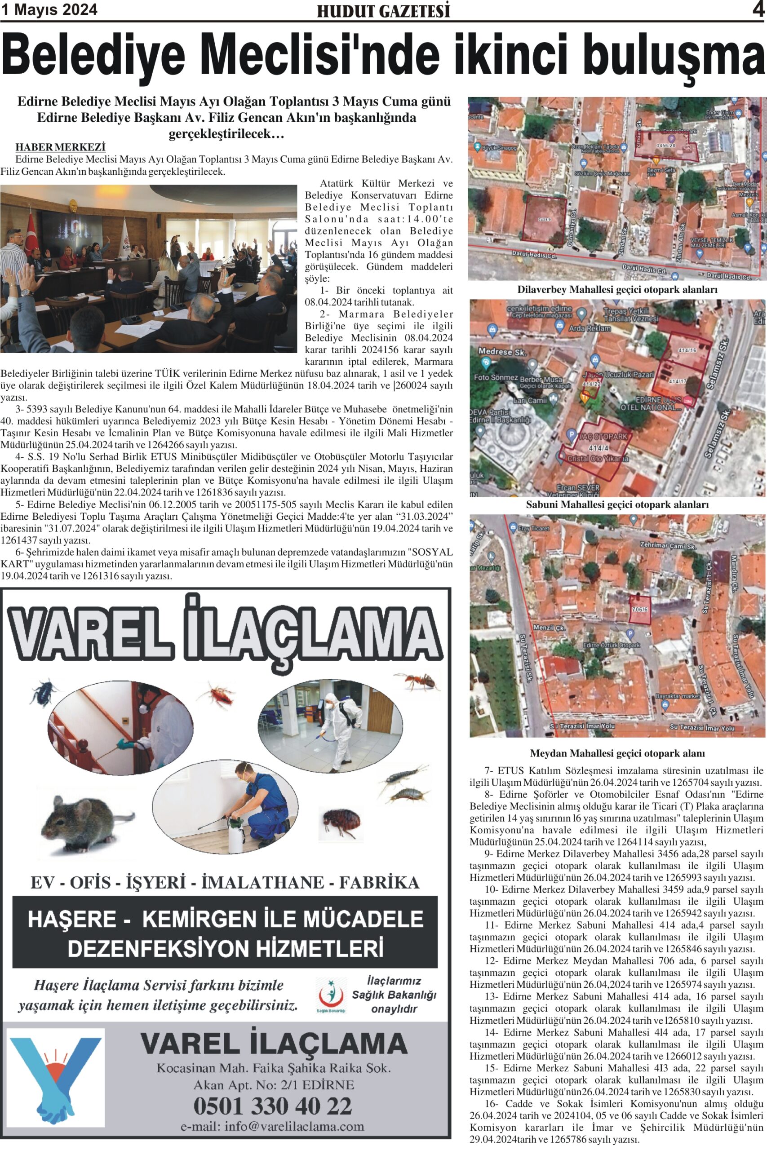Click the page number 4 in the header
pyautogui.click(x=758, y=10)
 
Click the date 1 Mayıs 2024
pyautogui.click(x=49, y=10)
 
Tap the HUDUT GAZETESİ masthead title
pyautogui.click(x=383, y=11)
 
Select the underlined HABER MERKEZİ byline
pyautogui.click(x=61, y=147)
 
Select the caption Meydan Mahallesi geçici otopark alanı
pyautogui.click(x=617, y=753)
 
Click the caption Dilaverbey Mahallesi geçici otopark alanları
pyautogui.click(x=617, y=290)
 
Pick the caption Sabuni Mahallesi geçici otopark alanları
pyautogui.click(x=617, y=504)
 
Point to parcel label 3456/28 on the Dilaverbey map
pyautogui.click(x=666, y=146)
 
